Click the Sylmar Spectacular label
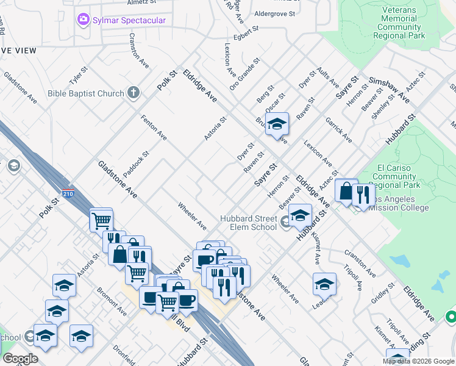tap(129, 20)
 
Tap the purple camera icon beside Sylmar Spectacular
tap(83, 20)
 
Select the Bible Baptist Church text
tap(86, 94)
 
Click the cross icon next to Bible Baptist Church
tap(134, 93)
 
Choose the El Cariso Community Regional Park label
tap(396, 176)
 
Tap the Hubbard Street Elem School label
tap(249, 223)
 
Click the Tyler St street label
tap(79, 76)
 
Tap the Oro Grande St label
tap(245, 73)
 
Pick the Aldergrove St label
tap(274, 13)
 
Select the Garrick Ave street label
tap(339, 130)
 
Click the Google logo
tap(20, 359)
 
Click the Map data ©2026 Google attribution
tap(418, 361)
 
